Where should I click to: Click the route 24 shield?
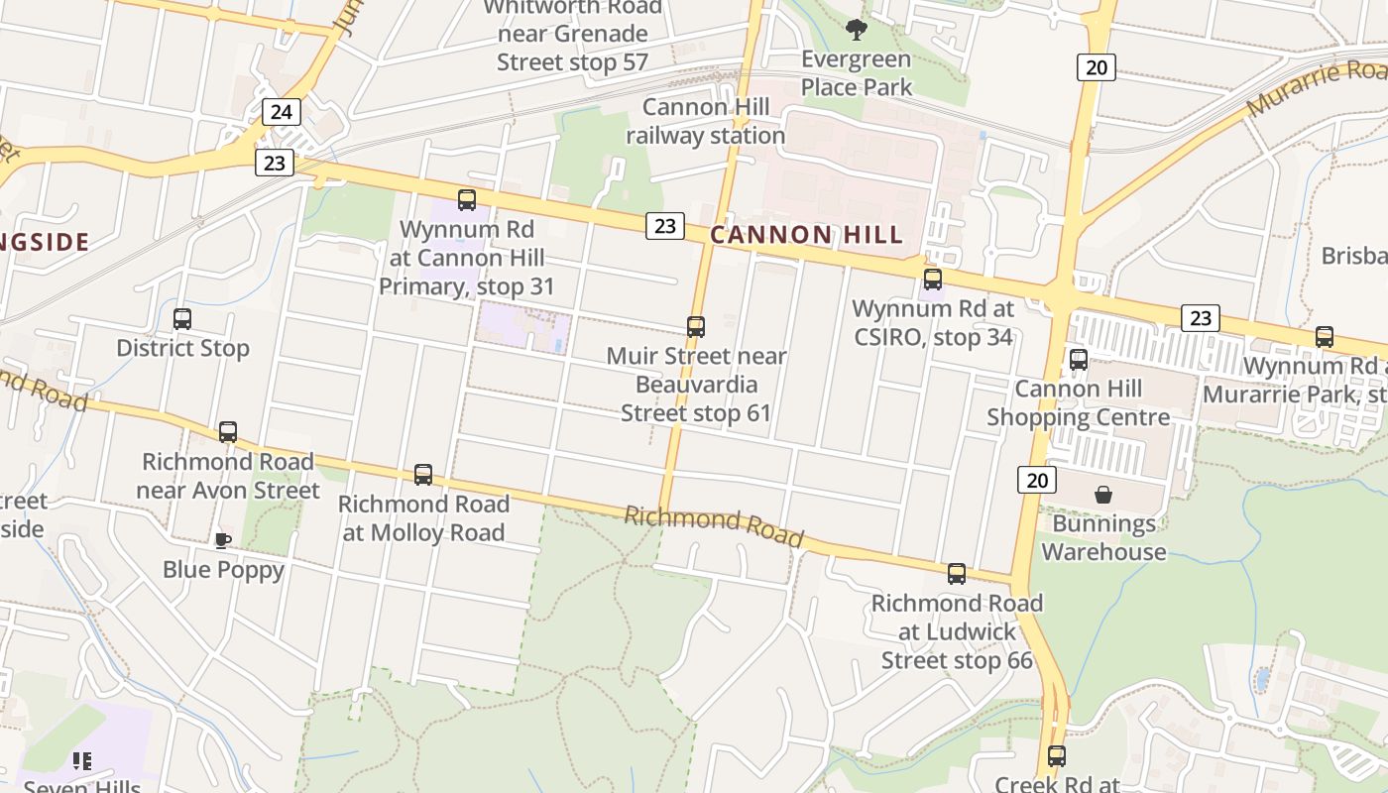point(282,111)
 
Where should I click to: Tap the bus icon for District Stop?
point(182,319)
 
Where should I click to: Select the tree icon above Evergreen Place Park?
point(856,30)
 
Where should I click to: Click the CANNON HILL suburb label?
point(807,235)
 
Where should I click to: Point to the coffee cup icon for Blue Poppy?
point(223,540)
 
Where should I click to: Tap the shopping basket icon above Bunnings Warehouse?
point(1103,495)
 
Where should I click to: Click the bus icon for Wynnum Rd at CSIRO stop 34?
point(932,280)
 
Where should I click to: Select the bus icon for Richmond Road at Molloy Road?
point(423,475)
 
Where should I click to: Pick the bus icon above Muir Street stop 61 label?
point(696,326)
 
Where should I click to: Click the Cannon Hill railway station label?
point(705,121)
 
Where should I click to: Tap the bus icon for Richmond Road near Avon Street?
point(228,432)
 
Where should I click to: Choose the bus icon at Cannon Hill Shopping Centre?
point(1079,359)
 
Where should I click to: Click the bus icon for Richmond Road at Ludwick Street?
point(957,574)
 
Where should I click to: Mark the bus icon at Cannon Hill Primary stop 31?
point(467,200)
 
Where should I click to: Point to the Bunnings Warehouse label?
point(1103,538)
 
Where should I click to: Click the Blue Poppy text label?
point(223,570)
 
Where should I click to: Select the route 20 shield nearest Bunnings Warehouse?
point(1036,481)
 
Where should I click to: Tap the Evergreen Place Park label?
point(856,73)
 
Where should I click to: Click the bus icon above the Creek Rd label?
point(1057,756)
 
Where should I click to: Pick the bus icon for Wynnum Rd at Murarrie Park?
point(1325,337)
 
